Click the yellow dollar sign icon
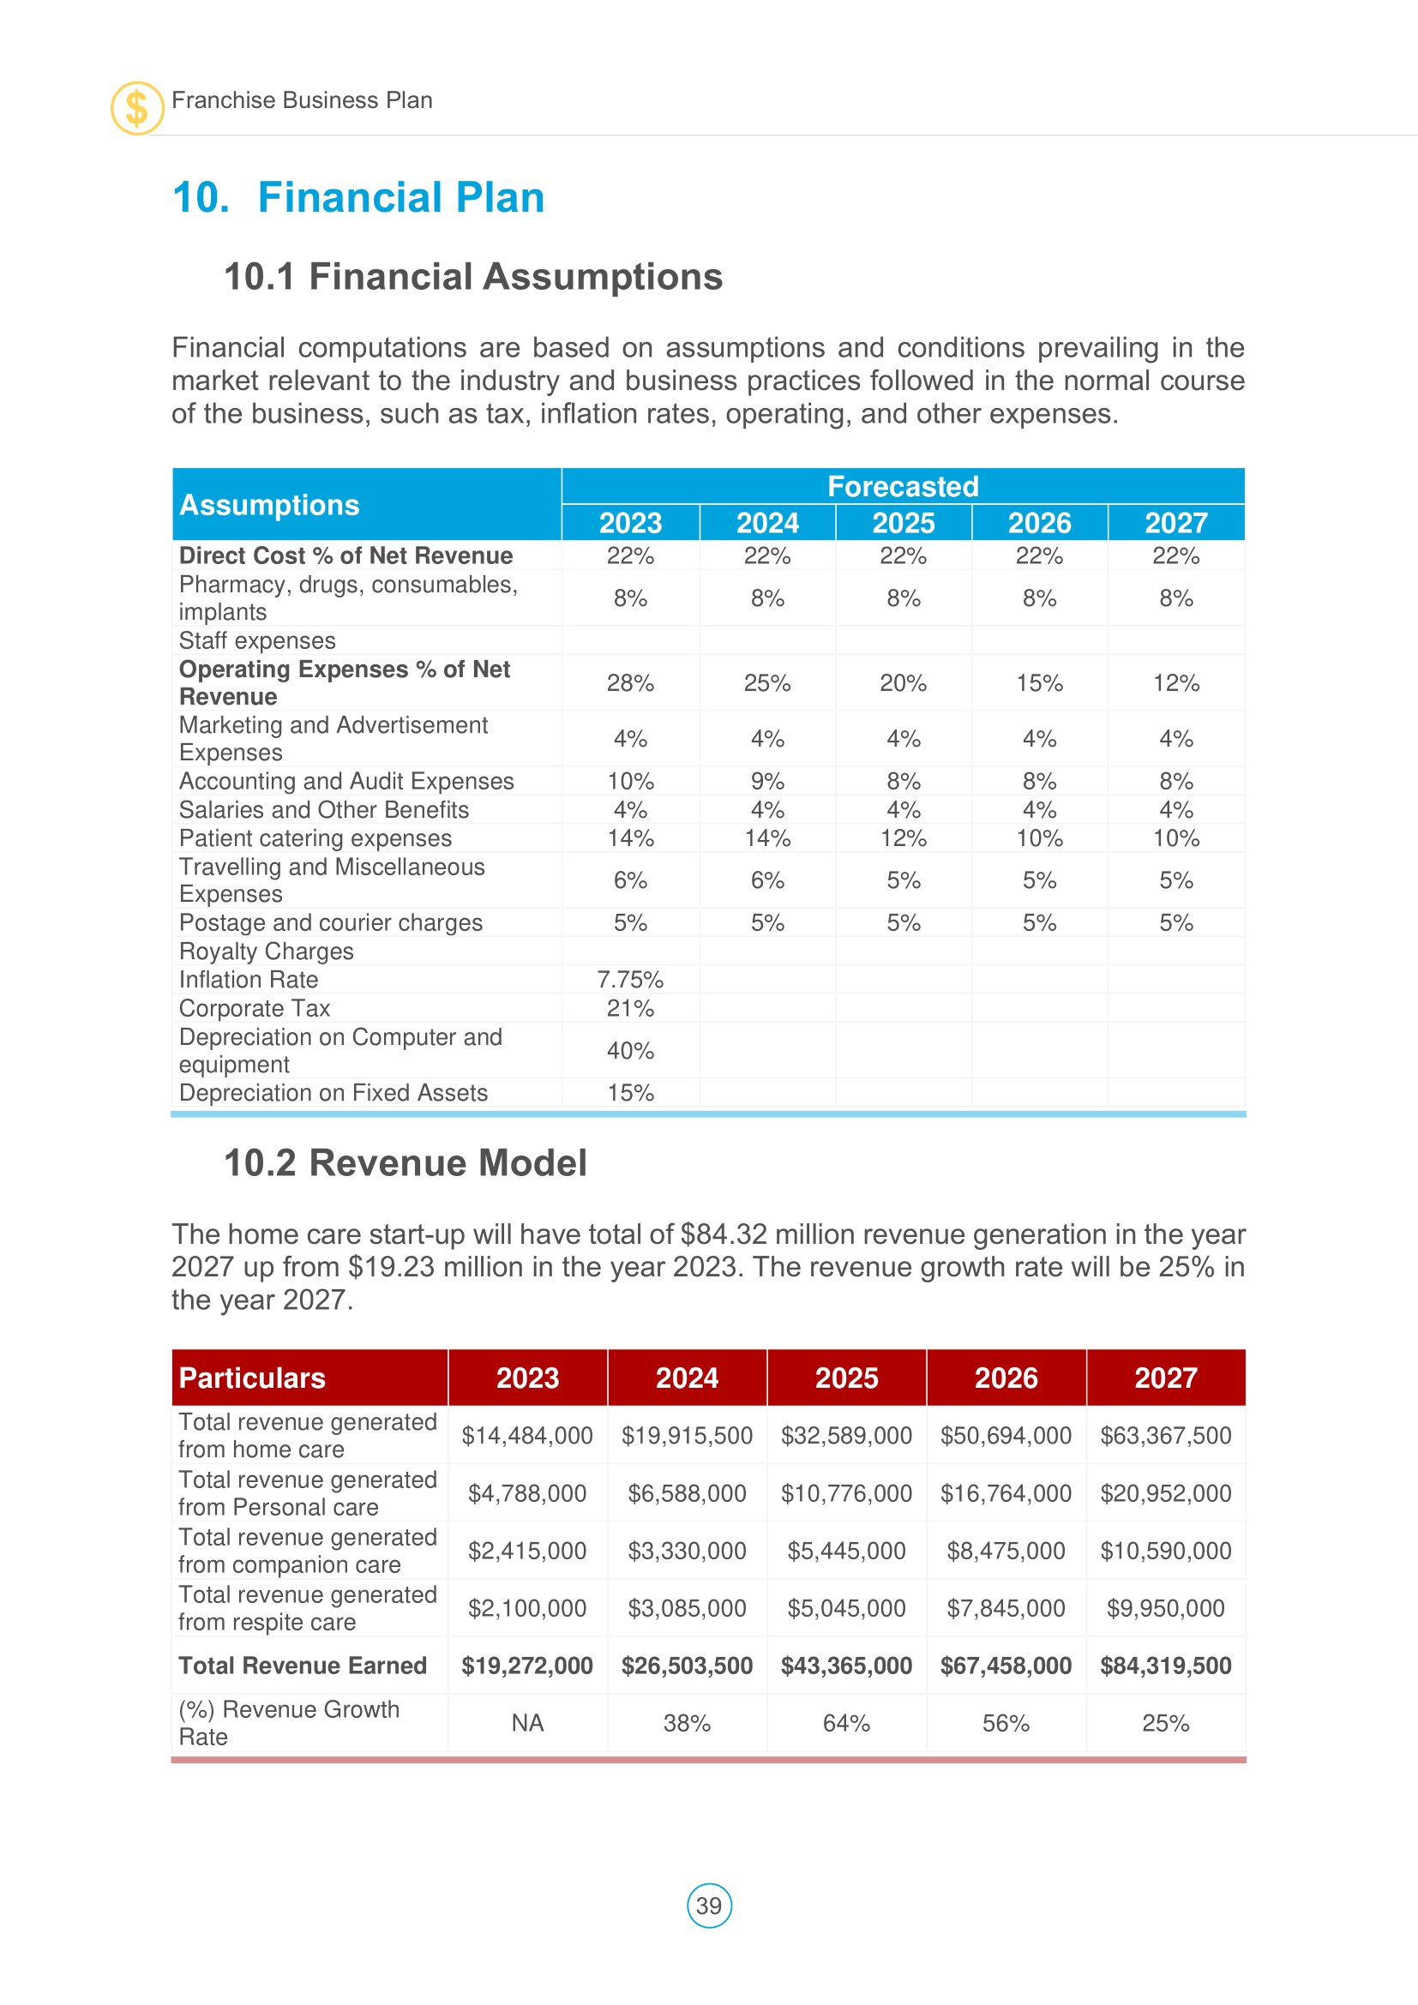coord(137,108)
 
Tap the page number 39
coord(709,1906)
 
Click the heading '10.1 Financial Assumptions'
coord(473,277)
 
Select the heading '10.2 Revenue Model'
coord(406,1163)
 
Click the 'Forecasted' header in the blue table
coord(903,486)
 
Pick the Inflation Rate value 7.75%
coord(630,980)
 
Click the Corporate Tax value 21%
coord(630,1009)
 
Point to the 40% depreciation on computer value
coord(630,1051)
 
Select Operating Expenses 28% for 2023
coord(630,683)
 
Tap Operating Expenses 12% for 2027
coord(1176,683)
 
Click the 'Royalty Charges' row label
coord(267,951)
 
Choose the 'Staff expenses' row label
coord(256,641)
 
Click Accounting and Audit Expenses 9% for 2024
coord(767,781)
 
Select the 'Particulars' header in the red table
coord(252,1378)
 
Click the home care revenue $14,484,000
coord(527,1436)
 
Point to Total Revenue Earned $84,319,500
coord(1166,1666)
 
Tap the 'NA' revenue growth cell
coord(527,1723)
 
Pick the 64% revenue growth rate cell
coord(846,1723)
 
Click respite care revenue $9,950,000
coord(1166,1607)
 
